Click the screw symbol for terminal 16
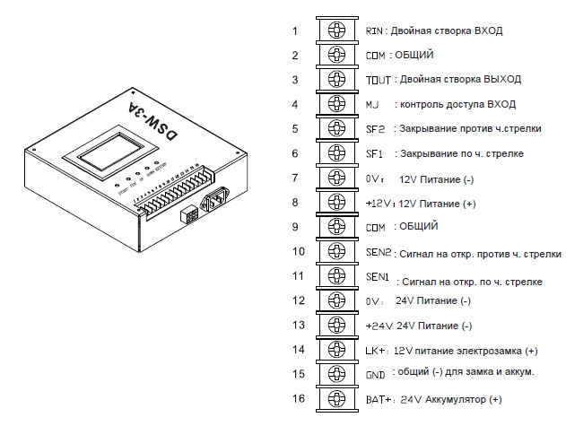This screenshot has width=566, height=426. (336, 397)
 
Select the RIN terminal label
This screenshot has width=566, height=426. (374, 30)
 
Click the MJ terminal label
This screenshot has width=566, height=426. (373, 104)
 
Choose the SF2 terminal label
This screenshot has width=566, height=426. (375, 128)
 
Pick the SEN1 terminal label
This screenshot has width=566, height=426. (378, 276)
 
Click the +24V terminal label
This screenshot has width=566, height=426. (379, 325)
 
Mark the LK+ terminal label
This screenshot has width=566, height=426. (377, 349)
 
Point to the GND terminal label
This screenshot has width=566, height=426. (375, 372)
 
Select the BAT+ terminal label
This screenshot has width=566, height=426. (379, 397)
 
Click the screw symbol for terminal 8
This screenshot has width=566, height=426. (336, 202)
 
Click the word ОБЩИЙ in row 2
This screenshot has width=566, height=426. (414, 56)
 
